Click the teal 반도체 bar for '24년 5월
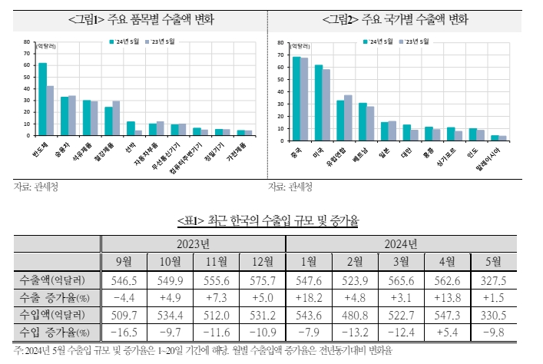tap(43, 99)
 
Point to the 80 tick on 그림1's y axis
tap(27, 42)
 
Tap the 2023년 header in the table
tap(193, 244)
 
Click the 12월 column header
tap(262, 262)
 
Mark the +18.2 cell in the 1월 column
tap(309, 297)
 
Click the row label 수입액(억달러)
tap(57, 315)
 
